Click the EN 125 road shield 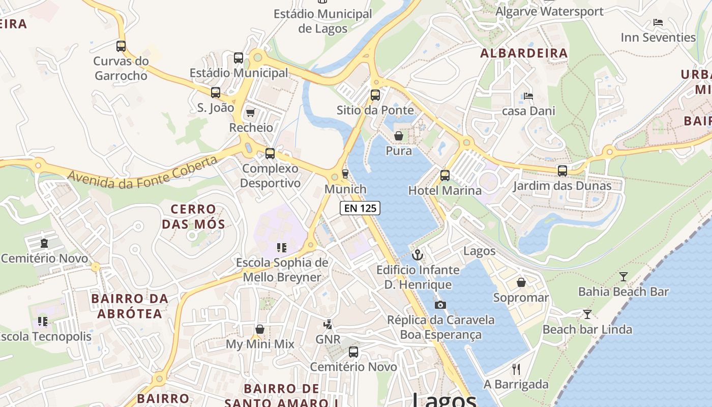tap(360, 208)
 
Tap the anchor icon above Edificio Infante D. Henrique tap(418, 255)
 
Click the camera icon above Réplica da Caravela tap(440, 305)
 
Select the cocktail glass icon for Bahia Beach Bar tap(624, 277)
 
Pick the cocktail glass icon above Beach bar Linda tap(587, 314)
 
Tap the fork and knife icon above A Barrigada tap(516, 369)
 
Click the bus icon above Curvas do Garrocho tap(121, 46)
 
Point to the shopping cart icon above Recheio tap(250, 112)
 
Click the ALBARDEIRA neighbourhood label tap(524, 53)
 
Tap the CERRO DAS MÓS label tap(193, 216)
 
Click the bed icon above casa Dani tap(528, 96)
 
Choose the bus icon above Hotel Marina tap(445, 176)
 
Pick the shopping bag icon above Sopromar tap(521, 282)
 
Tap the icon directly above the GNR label tap(328, 324)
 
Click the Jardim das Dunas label tap(562, 186)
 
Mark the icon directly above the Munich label tap(345, 174)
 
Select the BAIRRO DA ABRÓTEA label tap(130, 306)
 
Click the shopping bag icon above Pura tap(399, 136)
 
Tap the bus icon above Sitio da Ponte tap(375, 95)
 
